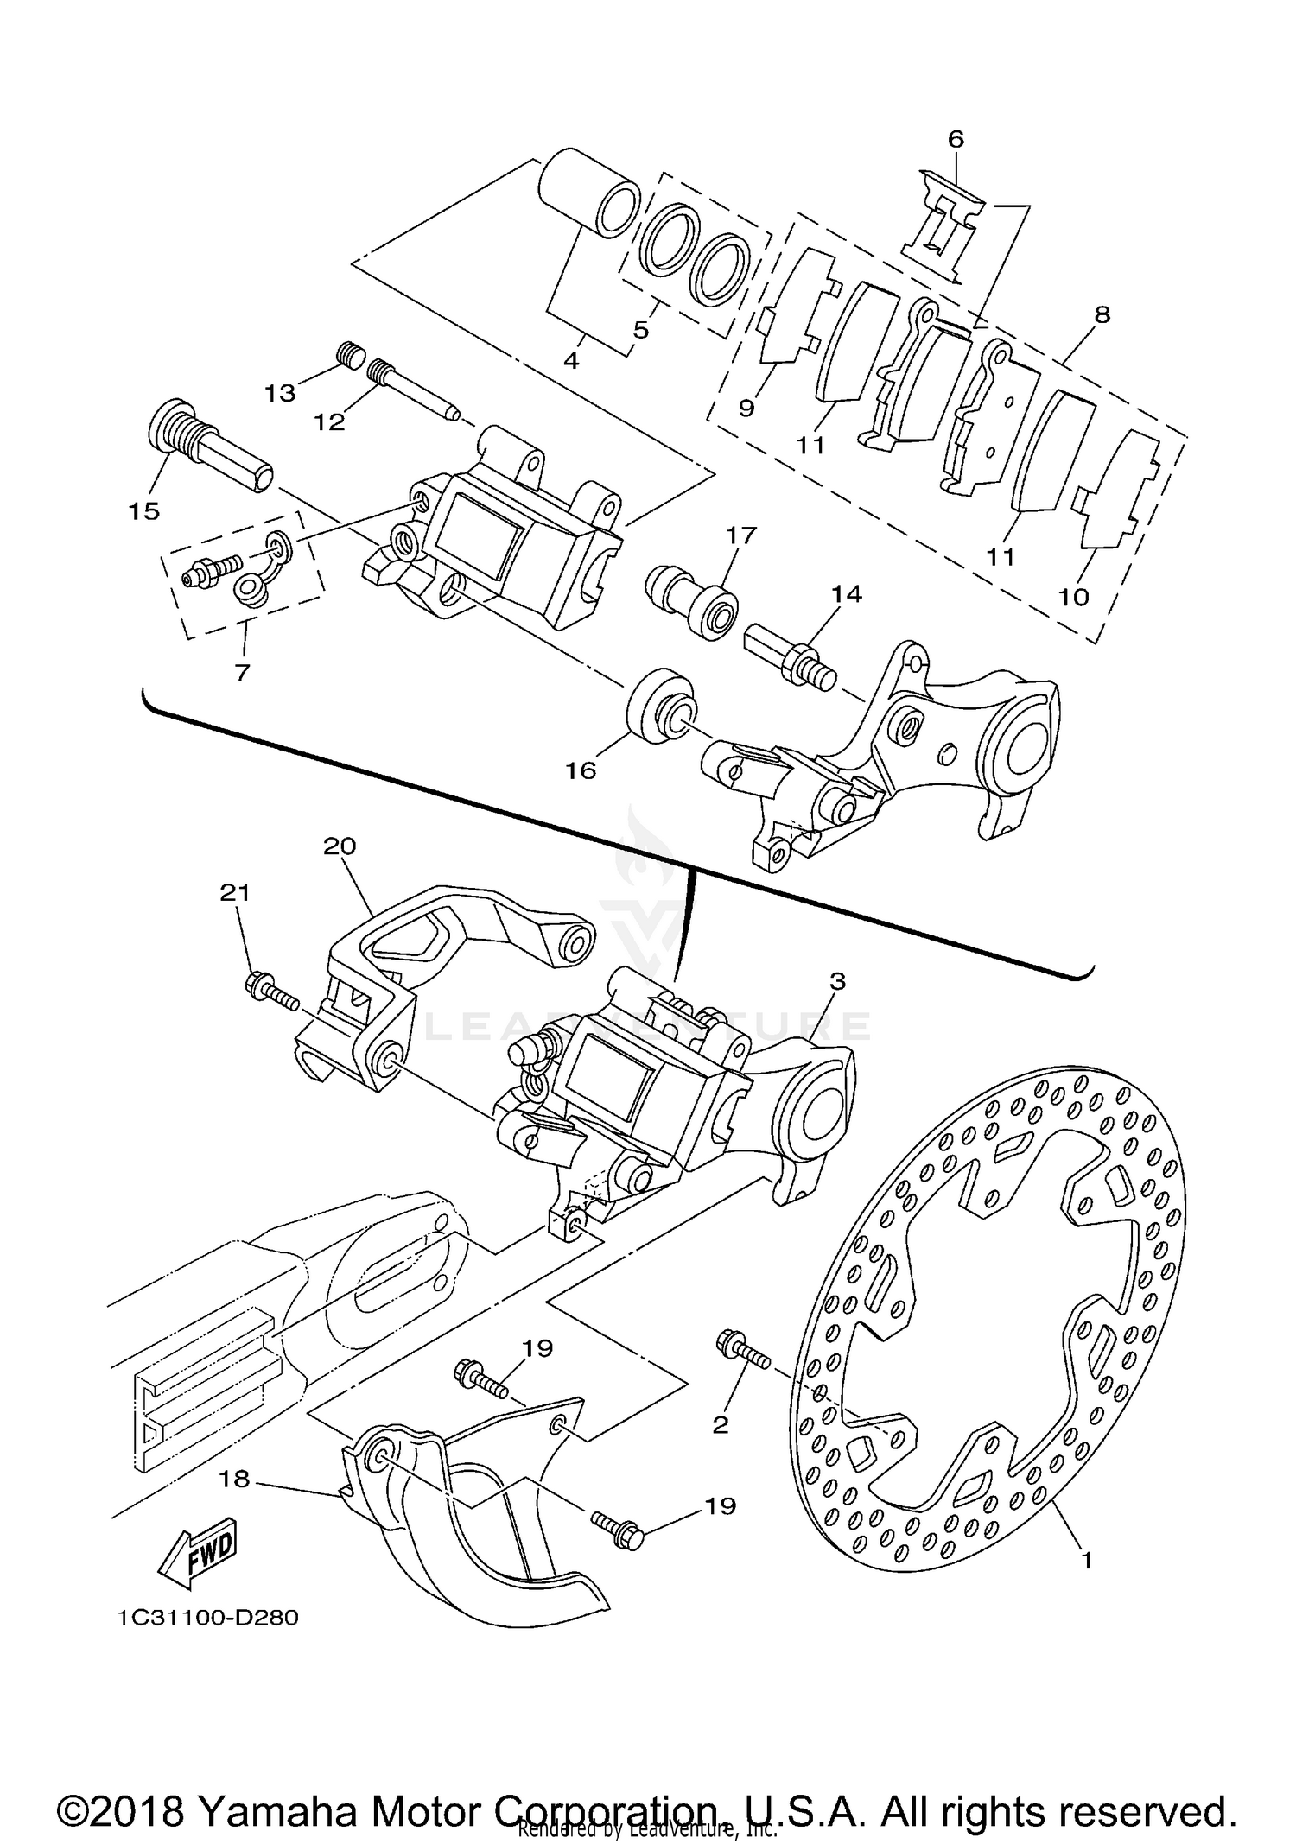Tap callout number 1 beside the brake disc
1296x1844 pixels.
[1087, 1560]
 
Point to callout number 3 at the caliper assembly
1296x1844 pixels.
[836, 981]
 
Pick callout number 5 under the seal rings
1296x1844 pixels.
[641, 329]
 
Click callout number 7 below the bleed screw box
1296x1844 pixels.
[242, 671]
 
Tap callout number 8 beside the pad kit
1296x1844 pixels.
[1102, 314]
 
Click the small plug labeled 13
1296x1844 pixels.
[349, 355]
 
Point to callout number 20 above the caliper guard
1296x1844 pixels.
[340, 846]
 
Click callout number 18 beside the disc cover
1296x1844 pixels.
[234, 1480]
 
